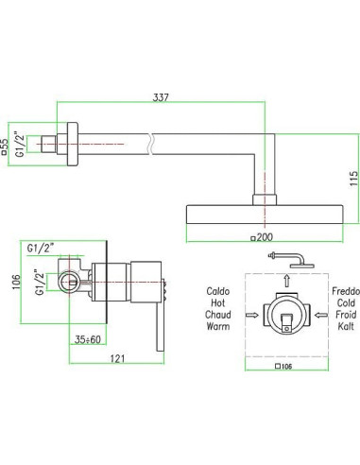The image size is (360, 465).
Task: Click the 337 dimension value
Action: point(161,97)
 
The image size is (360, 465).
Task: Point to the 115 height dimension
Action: point(354,179)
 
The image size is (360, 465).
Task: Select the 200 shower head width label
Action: point(262,237)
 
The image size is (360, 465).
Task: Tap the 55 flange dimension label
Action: point(4,146)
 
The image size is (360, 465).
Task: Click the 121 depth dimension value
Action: point(117,358)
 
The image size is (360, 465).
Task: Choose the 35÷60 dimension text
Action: point(88,339)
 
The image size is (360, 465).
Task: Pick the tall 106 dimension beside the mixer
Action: point(16,282)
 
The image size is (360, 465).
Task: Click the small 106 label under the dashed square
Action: point(283,367)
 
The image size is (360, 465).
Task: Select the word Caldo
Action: point(218,291)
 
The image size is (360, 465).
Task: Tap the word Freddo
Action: point(346,291)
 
